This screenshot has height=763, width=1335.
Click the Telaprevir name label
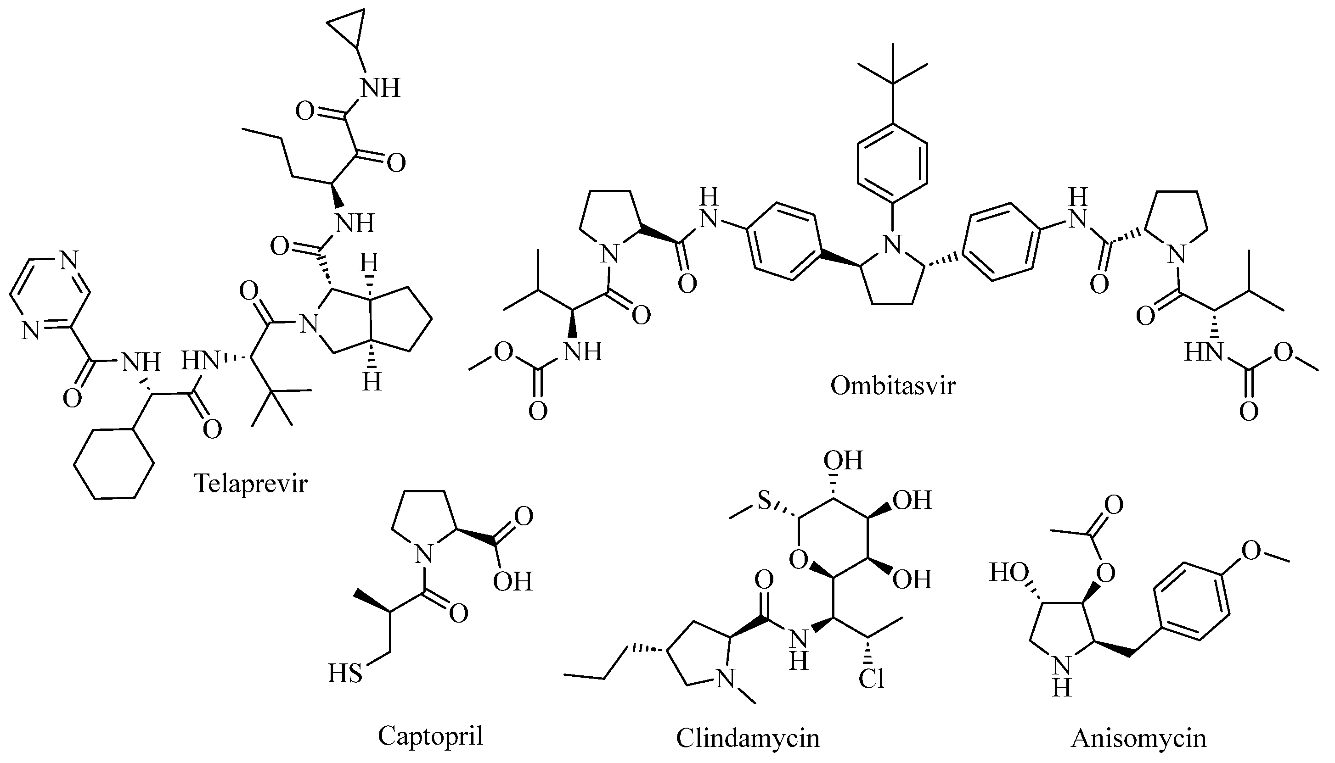click(250, 483)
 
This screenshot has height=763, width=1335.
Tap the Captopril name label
click(430, 735)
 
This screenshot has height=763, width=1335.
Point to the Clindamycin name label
click(747, 738)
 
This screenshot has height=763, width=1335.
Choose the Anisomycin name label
click(1138, 738)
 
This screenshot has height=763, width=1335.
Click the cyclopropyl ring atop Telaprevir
click(345, 32)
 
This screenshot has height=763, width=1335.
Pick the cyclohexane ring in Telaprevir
click(114, 464)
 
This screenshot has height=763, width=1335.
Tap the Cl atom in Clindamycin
click(871, 679)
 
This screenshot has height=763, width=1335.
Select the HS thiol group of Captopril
click(345, 674)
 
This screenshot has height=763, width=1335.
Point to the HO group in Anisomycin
click(1009, 573)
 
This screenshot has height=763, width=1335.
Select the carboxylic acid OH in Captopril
click(513, 581)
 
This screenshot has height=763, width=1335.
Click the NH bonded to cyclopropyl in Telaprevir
click(380, 88)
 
